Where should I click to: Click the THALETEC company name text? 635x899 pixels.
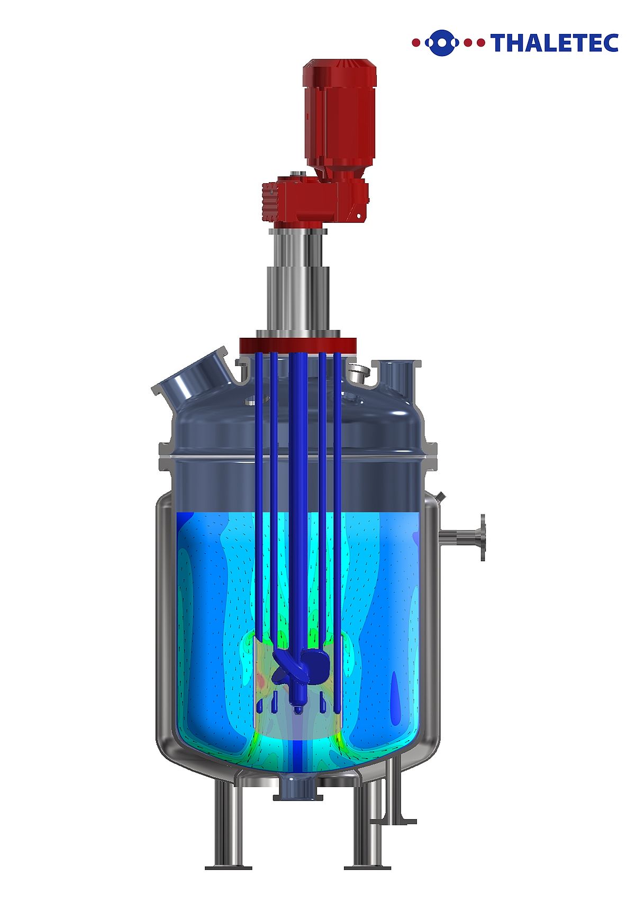point(554,42)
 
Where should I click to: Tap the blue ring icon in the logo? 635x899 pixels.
point(442,42)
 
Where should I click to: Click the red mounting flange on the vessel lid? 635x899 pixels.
point(297,345)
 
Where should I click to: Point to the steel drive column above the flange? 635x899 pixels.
point(297,286)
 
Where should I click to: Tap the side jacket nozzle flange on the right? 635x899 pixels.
point(482,537)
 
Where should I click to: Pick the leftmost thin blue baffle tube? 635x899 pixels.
point(259,477)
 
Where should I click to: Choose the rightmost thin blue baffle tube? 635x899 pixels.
point(337,477)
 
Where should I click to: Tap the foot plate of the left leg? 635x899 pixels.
point(228,867)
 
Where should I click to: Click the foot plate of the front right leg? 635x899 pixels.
point(367,867)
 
